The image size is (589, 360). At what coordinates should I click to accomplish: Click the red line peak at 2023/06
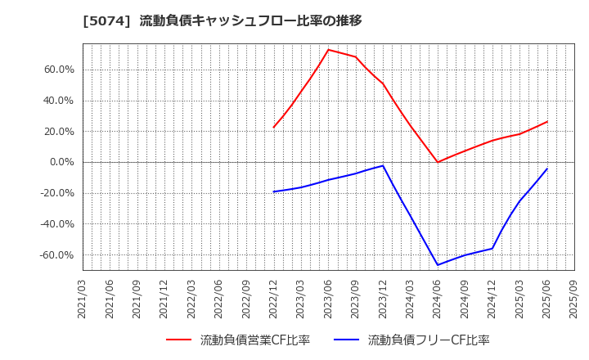(328, 50)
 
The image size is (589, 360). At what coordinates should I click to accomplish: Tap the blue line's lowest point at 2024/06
(438, 264)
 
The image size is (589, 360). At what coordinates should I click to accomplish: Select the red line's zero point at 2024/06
(438, 162)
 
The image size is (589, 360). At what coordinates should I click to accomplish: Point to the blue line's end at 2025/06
(546, 169)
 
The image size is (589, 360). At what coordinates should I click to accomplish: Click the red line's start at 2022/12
(273, 128)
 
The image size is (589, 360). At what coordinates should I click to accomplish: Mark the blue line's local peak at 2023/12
(383, 166)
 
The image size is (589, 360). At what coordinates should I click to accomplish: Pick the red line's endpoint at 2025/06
(546, 122)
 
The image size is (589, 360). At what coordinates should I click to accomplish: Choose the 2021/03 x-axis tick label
(83, 299)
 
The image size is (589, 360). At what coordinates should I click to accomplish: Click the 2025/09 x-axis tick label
(574, 299)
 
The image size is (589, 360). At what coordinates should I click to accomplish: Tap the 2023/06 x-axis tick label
(328, 299)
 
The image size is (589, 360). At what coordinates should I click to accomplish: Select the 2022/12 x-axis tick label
(273, 299)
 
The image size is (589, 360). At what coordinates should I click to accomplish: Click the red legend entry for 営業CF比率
(238, 340)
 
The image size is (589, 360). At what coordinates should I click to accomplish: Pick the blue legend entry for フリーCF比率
(411, 340)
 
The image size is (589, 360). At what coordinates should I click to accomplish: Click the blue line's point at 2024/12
(492, 249)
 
